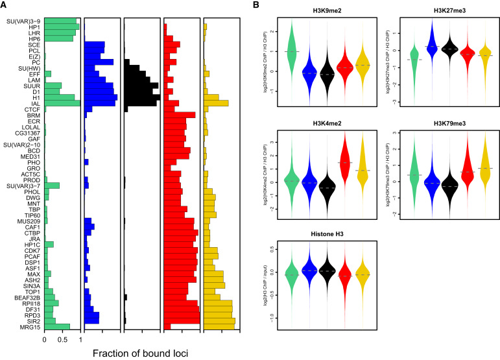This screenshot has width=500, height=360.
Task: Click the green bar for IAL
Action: pos(62,103)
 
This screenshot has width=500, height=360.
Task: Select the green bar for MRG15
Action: pos(57,326)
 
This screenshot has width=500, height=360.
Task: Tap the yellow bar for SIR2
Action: pos(219,320)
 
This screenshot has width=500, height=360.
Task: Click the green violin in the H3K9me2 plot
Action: pos(291,51)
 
